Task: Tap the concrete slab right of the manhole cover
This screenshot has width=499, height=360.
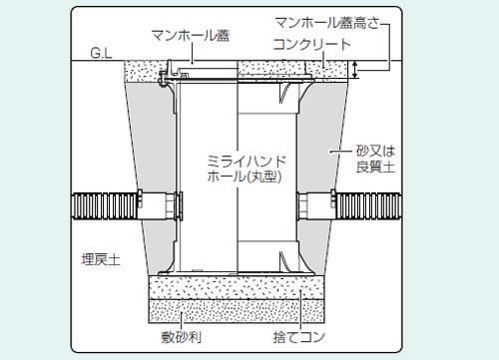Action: click(289, 70)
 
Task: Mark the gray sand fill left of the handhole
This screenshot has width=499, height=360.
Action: click(150, 150)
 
